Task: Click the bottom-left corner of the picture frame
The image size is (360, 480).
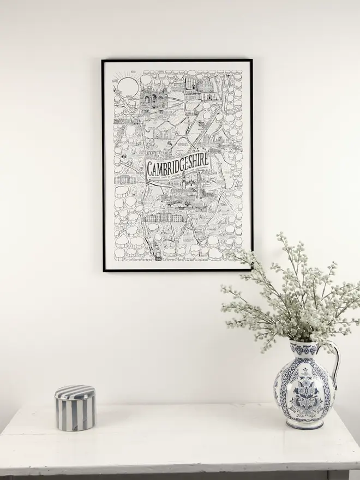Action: pyautogui.click(x=104, y=270)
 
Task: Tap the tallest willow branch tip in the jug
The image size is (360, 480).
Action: pyautogui.click(x=281, y=236)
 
